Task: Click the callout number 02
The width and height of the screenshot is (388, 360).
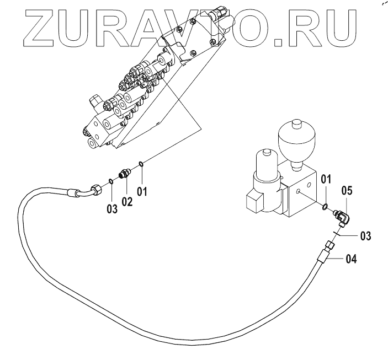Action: pyautogui.click(x=127, y=202)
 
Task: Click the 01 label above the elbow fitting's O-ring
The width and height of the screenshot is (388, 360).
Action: pyautogui.click(x=327, y=179)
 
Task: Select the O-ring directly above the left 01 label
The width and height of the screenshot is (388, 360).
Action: pyautogui.click(x=142, y=163)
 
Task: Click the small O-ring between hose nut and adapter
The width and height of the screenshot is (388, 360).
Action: pyautogui.click(x=111, y=180)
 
